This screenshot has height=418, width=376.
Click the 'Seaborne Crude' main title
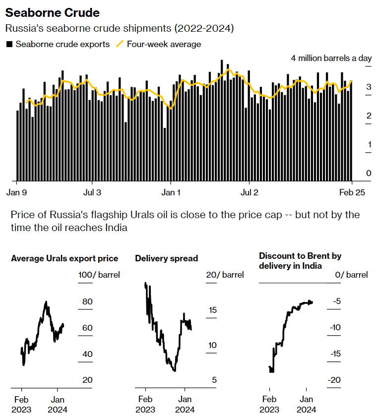pyautogui.click(x=52, y=12)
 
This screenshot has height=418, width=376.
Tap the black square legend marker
pyautogui.click(x=9, y=44)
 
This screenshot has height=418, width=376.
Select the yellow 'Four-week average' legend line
pyautogui.click(x=120, y=44)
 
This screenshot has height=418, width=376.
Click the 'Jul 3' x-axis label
pyautogui.click(x=91, y=192)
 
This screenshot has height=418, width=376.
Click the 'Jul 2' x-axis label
pyautogui.click(x=250, y=192)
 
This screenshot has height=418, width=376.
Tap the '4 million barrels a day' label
pyautogui.click(x=331, y=58)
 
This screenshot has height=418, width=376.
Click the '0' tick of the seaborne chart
pyautogui.click(x=369, y=173)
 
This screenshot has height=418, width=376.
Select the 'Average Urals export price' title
pyautogui.click(x=64, y=258)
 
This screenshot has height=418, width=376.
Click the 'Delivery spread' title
pyautogui.click(x=166, y=258)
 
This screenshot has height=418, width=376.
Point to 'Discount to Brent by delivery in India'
pyautogui.click(x=300, y=261)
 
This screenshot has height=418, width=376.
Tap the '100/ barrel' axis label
pyautogui.click(x=99, y=275)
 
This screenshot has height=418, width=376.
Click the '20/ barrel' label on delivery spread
pyautogui.click(x=225, y=275)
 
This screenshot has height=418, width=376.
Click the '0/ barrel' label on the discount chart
pyautogui.click(x=351, y=275)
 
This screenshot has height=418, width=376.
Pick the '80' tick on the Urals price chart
pyautogui.click(x=87, y=301)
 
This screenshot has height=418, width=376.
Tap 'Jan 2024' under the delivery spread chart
pyautogui.click(x=185, y=405)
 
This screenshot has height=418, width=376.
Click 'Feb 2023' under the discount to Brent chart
pyautogui.click(x=269, y=405)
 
